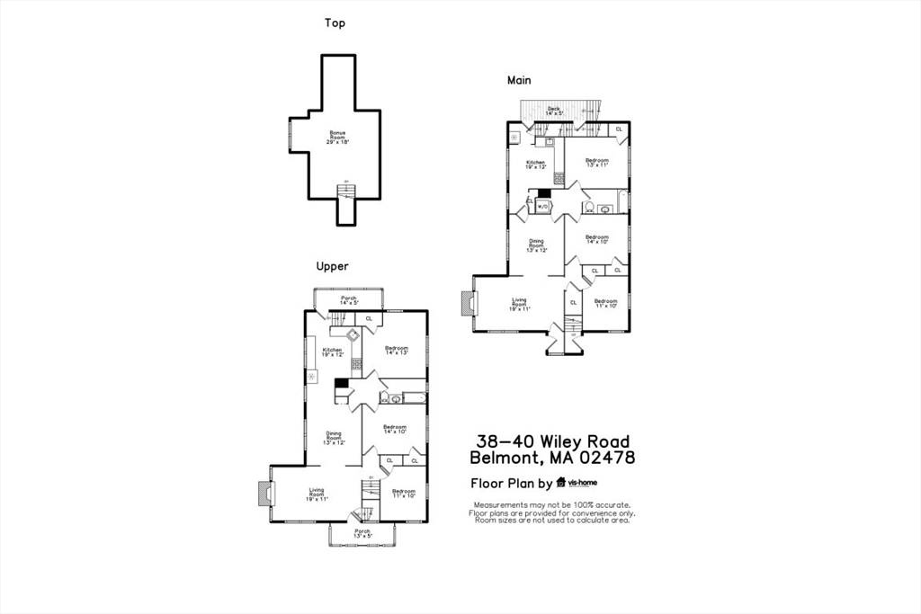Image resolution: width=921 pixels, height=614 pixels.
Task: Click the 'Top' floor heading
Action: pos(335,23)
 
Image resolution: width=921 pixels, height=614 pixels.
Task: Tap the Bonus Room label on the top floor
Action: pos(337,137)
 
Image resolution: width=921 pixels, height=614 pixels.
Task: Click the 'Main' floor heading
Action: pos(519,80)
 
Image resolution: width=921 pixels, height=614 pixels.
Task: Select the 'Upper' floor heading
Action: pos(332,266)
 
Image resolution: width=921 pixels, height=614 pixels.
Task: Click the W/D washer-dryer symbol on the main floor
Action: pos(543,207)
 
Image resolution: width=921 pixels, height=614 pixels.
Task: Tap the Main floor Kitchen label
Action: pos(535,165)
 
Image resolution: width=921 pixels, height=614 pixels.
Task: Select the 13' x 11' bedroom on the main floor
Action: pos(597,163)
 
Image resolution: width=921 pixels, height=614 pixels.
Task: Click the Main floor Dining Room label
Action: pos(536,245)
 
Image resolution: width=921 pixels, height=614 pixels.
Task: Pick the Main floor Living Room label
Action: pos(519,304)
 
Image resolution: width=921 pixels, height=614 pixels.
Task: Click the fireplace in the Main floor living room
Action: pos(465,304)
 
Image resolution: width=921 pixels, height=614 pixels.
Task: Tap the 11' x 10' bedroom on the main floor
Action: pos(605,303)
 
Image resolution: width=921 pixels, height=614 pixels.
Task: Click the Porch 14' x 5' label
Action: pos(348,300)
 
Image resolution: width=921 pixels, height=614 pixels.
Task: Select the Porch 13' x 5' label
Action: pos(362,533)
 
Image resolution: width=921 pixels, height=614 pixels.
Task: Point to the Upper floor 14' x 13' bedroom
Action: pos(397,351)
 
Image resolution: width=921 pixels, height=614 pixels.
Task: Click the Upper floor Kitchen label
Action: pos(333,352)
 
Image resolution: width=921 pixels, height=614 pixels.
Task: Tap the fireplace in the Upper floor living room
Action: pos(263,494)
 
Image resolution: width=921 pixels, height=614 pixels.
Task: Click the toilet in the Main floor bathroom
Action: pos(587,208)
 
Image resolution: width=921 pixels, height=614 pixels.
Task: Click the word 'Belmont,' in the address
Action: pos(503,458)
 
